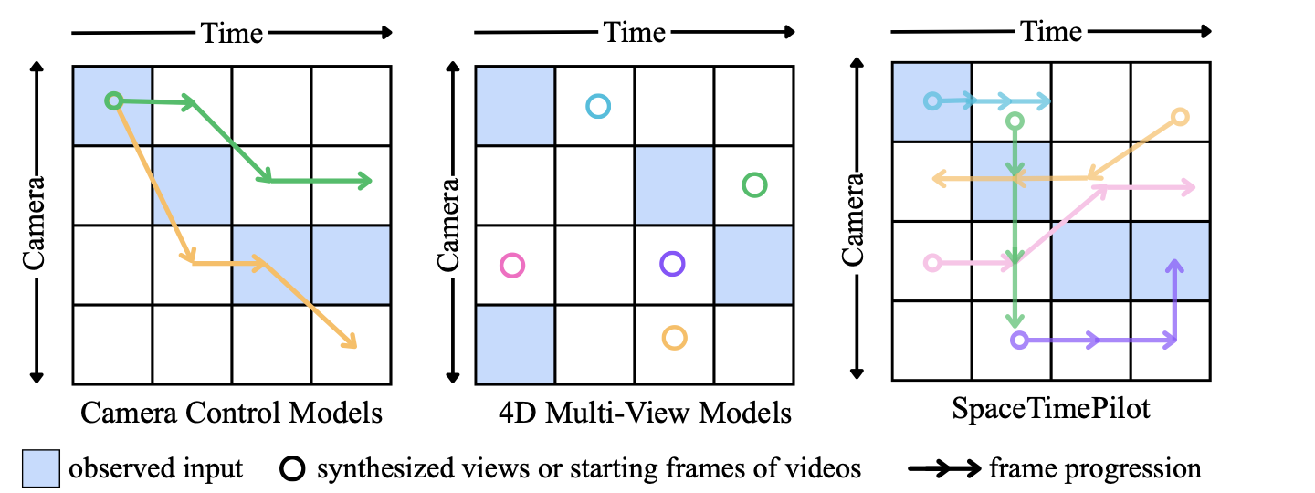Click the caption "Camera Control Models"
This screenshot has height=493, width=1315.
coord(231,413)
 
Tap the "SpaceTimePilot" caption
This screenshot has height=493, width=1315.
coord(1051,410)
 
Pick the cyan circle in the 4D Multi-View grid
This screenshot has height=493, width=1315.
coord(597,107)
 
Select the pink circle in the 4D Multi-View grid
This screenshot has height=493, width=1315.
coord(512,266)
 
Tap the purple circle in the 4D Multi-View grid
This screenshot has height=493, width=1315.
coord(672,265)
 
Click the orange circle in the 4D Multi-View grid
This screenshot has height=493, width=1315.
coord(674,338)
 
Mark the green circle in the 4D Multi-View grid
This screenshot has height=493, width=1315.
coord(754,185)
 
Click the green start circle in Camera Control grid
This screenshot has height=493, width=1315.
coord(113,100)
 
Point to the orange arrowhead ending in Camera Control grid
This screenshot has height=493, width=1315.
coord(350,342)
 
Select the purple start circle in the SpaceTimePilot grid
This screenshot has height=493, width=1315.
coord(1020,341)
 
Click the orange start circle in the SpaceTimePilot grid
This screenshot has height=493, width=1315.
coord(1179,117)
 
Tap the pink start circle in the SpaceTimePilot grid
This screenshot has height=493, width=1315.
coord(931,263)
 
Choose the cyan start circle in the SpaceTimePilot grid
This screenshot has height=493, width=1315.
coord(931,100)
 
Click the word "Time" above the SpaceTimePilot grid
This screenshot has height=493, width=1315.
coord(1051,32)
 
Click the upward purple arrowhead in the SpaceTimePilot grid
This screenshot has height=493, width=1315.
coord(1174,265)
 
